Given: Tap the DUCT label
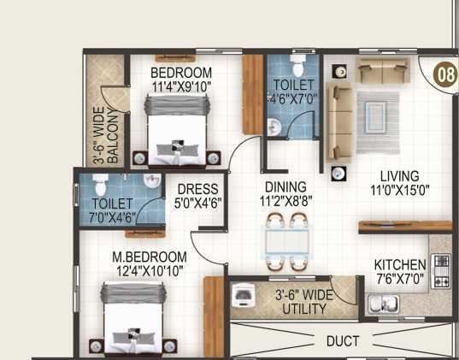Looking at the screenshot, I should [x=342, y=340].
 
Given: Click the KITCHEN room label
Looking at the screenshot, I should [x=399, y=265].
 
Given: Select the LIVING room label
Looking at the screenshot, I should [x=399, y=177].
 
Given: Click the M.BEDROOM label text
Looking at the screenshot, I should [x=150, y=257].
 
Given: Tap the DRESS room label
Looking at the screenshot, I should [x=197, y=190].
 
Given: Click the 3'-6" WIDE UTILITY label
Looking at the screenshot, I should [x=305, y=302].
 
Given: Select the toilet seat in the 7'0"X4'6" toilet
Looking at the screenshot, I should [x=99, y=183].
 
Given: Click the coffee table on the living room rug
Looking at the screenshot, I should [x=377, y=113].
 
